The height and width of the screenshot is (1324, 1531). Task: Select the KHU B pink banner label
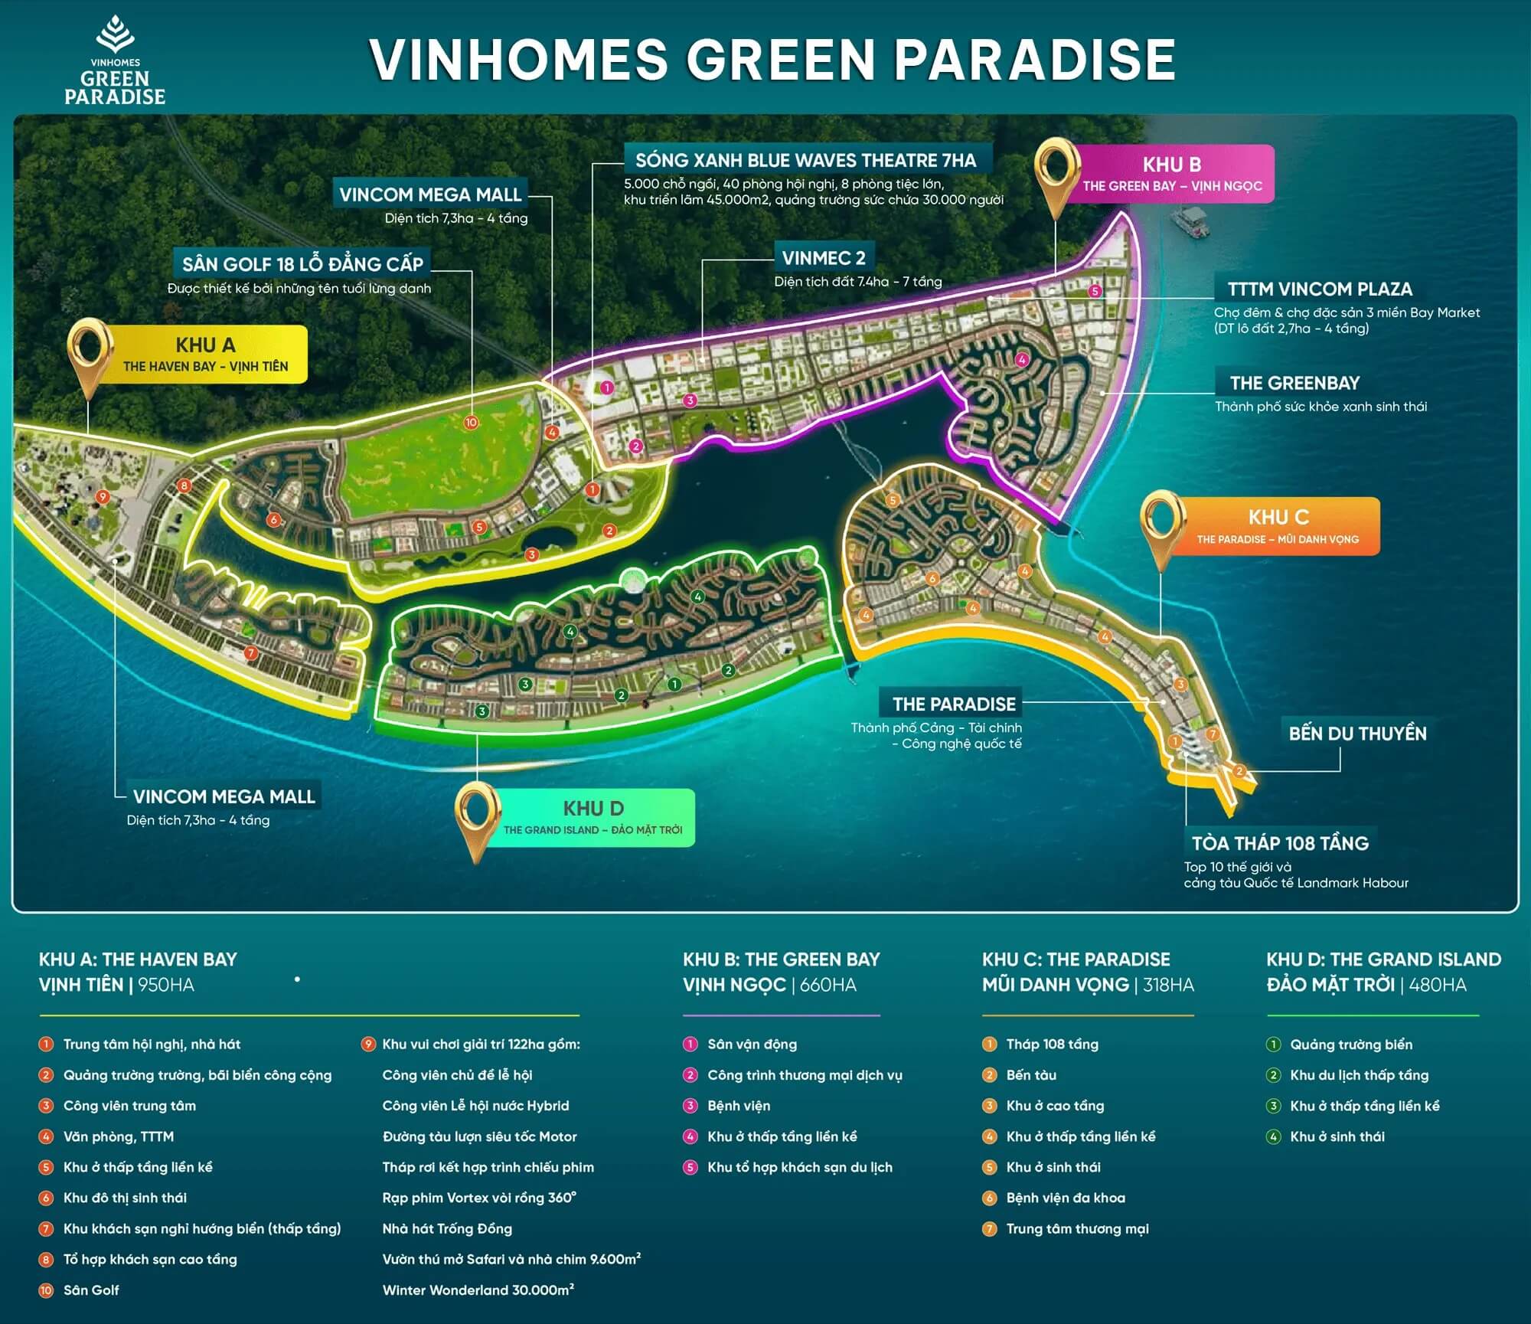pos(1172,174)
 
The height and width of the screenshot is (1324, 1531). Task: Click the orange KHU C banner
pos(1278,526)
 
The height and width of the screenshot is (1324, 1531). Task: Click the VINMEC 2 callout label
pos(823,258)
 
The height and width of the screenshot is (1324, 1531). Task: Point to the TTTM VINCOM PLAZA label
pos(1320,289)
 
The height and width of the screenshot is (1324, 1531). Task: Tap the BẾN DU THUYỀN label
pos(1357,734)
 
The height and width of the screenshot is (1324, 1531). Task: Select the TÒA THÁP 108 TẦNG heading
pos(1280,843)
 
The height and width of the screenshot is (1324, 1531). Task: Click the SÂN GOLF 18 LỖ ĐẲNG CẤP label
pos(302,264)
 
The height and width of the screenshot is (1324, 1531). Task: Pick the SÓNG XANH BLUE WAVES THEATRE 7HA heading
pos(805,160)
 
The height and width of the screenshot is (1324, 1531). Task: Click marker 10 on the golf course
pos(471,423)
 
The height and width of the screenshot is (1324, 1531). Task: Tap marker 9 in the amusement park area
pos(103,497)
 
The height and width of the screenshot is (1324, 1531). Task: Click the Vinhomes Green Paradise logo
pos(115,61)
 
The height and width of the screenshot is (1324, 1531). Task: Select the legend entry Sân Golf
pos(91,1290)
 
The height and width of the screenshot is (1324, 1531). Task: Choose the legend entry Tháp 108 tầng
pos(1052,1044)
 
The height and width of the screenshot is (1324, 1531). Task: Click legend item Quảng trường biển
pos(1351,1044)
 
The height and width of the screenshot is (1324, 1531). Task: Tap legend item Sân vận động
pos(752,1044)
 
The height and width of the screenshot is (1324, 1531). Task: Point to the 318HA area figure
pos(1168,985)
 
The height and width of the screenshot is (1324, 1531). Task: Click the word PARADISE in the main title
pos(1035,60)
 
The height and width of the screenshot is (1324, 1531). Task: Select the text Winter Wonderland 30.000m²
pos(478,1290)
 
